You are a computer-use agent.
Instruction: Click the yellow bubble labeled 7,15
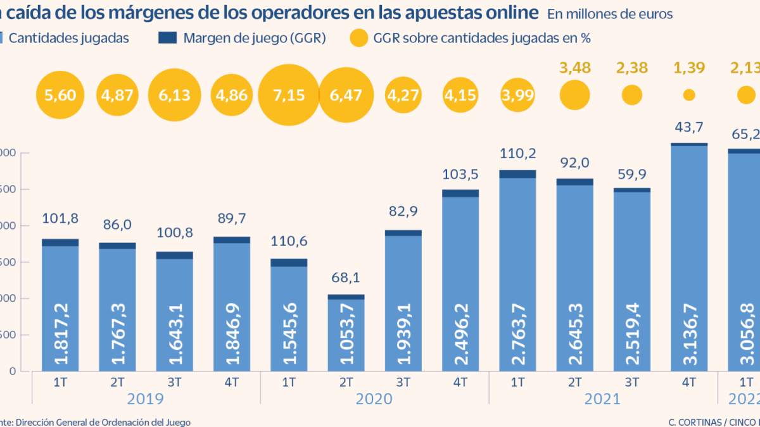click(289, 96)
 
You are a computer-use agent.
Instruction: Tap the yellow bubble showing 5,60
click(60, 96)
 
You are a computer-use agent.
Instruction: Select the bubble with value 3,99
click(517, 96)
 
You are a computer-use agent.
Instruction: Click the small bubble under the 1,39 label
click(689, 95)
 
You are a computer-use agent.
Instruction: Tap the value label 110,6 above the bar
click(289, 242)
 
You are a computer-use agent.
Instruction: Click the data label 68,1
click(346, 278)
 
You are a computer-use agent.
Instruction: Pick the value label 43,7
click(689, 127)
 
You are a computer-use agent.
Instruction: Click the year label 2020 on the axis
click(374, 399)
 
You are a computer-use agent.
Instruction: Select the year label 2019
click(146, 399)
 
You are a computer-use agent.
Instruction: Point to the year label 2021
click(603, 399)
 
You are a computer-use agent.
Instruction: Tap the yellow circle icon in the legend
click(358, 39)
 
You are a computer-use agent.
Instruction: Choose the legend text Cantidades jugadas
click(70, 38)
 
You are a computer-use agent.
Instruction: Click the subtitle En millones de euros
click(610, 13)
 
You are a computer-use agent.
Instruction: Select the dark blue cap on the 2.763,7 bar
click(517, 174)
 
